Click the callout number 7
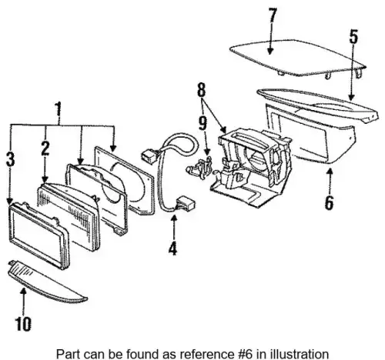273,16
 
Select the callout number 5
353,36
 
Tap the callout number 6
329,202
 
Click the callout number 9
203,123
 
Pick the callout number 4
172,248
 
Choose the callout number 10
23,324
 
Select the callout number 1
59,108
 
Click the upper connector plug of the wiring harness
149,156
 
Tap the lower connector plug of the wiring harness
186,202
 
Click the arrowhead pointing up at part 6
330,172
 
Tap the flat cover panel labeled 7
298,58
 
